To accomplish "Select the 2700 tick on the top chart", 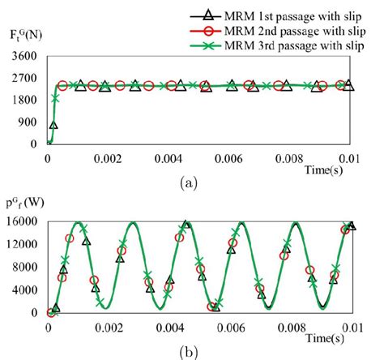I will point(24,79).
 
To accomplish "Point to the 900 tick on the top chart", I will point(28,122).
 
